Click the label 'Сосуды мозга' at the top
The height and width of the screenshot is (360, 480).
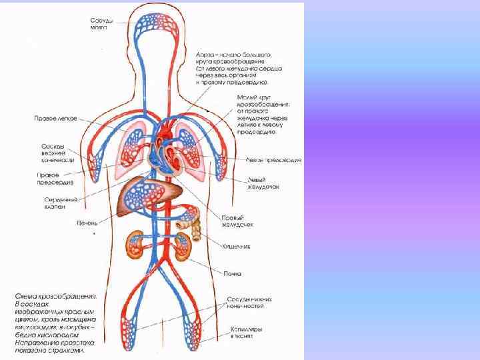pyautogui.click(x=102, y=23)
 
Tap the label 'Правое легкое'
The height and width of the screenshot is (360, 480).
pyautogui.click(x=56, y=119)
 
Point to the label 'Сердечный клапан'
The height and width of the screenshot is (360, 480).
pyautogui.click(x=60, y=203)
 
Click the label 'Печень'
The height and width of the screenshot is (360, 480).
pyautogui.click(x=88, y=222)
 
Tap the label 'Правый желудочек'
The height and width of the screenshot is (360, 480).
pyautogui.click(x=237, y=220)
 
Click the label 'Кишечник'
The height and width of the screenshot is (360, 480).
pyautogui.click(x=236, y=246)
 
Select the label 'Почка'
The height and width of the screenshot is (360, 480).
pyautogui.click(x=233, y=273)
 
